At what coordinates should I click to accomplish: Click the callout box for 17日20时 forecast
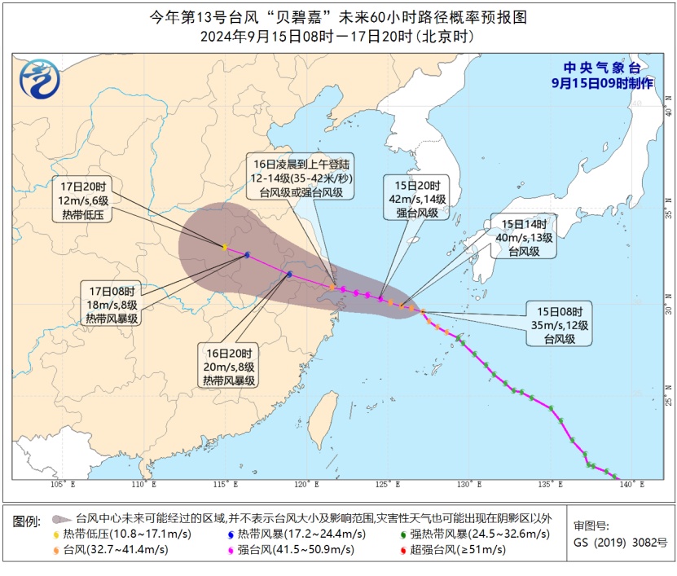point(81,200)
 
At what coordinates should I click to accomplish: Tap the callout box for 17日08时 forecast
point(112,304)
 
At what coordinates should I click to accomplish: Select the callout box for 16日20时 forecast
point(229,367)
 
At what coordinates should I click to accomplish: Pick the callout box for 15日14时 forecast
point(522,236)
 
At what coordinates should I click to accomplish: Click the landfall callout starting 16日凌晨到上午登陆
point(301,179)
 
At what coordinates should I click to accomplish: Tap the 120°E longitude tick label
point(306,486)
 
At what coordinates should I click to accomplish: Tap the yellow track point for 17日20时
point(225,246)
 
